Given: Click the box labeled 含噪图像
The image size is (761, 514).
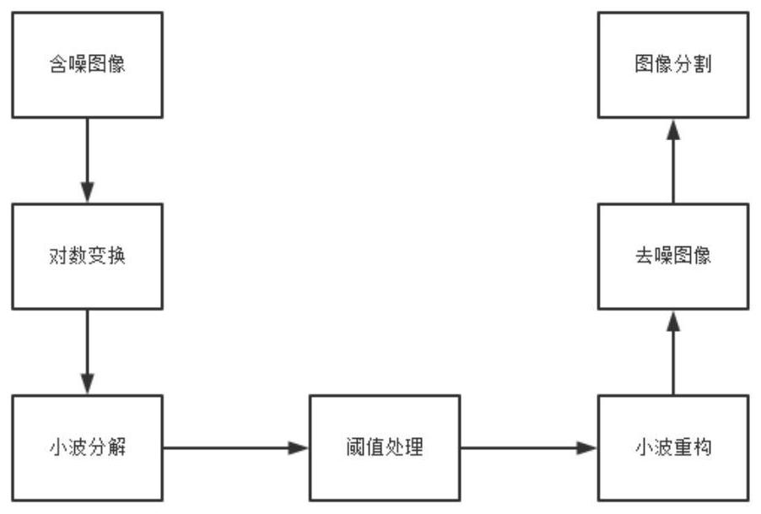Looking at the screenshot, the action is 88,65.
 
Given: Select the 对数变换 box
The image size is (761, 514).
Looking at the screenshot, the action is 88,257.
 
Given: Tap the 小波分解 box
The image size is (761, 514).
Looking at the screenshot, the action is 88,447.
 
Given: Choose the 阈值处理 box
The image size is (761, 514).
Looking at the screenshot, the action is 385,447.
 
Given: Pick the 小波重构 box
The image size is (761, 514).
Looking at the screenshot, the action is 673,447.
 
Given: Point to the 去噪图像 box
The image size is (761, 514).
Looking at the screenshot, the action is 673,257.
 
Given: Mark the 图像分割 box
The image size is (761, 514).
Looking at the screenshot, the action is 673,65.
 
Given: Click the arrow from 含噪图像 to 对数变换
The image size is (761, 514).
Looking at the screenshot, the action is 88,160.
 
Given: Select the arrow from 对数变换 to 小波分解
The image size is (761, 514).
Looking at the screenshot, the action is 88,352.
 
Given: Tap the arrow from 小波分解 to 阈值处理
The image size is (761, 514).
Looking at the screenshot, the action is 236,447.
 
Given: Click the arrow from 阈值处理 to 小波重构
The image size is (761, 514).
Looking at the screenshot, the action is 529,447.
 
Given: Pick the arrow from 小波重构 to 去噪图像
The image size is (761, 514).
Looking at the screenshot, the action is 673,352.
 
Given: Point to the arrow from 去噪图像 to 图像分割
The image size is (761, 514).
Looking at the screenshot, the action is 673,160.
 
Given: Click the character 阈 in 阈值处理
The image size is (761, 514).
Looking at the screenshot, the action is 356,447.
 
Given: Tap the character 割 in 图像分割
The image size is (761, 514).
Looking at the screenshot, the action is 702,64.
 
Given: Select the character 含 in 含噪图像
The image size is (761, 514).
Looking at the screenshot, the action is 58,64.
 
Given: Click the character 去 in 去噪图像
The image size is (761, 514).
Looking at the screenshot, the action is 645,256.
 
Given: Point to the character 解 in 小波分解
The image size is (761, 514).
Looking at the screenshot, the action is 116,447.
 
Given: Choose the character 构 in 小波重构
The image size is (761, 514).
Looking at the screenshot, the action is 702,447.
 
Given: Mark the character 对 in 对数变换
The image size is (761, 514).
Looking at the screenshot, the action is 58,256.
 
